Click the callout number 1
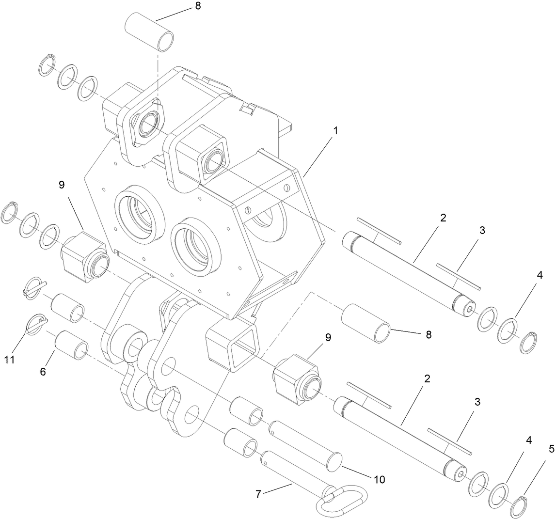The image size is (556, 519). (335, 131)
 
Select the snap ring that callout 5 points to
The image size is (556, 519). (521, 506)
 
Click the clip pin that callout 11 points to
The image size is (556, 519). (35, 325)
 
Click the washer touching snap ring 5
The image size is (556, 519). (498, 496)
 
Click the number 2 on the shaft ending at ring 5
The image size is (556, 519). (427, 378)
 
